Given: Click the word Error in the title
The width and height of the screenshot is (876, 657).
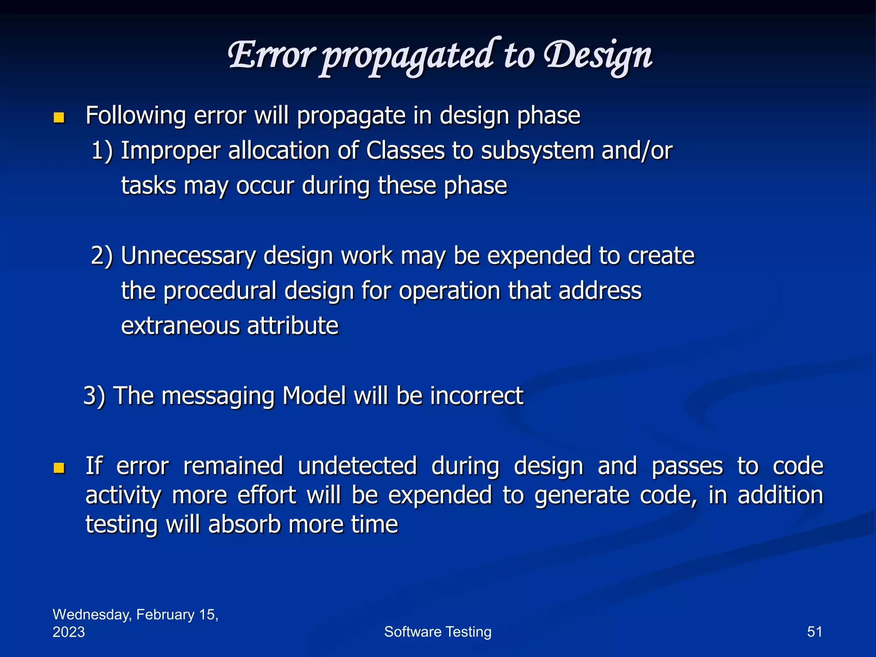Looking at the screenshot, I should [x=271, y=56].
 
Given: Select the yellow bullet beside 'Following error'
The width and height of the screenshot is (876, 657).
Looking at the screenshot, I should [x=59, y=118].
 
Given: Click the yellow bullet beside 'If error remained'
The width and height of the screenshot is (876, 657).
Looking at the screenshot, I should [x=59, y=468].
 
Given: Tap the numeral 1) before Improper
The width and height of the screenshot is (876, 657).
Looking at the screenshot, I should [x=102, y=151].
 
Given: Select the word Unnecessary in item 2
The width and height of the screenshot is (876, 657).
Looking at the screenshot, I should [x=188, y=256].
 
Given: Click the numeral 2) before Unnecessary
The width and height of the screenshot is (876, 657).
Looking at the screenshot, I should [x=102, y=256].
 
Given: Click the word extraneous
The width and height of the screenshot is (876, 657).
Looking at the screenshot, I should [x=180, y=326].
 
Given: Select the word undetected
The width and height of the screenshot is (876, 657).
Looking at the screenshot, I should [x=357, y=466].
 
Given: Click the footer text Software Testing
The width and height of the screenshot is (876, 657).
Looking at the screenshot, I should [x=438, y=632].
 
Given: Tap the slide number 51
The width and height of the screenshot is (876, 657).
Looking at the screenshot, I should [x=814, y=632].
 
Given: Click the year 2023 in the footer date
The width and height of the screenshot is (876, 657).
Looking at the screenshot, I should [x=69, y=632].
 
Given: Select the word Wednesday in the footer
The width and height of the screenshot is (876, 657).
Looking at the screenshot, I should [x=92, y=615].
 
